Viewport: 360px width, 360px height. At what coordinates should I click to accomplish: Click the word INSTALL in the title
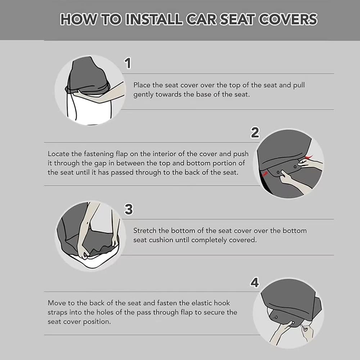154,19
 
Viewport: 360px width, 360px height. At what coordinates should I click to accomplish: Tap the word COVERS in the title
288,19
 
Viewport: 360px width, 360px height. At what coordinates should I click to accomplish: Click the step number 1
128,63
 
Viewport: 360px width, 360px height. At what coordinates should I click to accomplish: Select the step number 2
255,132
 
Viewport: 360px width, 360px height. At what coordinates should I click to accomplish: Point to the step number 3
129,209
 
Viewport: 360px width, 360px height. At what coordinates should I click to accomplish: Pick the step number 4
255,283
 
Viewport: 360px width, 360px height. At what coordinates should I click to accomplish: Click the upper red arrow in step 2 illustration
309,157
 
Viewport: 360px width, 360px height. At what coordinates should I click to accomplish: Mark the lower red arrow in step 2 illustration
265,174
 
